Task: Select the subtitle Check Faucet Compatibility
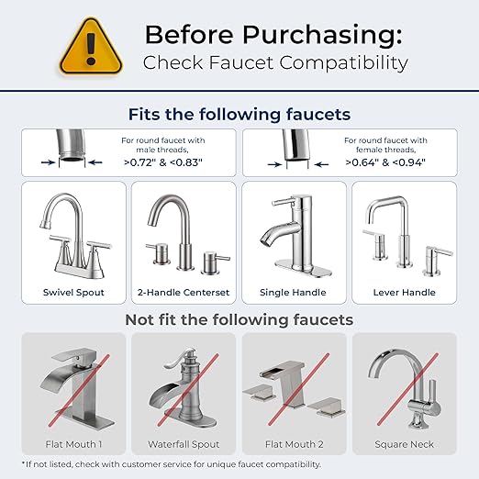(275, 63)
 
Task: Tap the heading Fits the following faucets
(239, 115)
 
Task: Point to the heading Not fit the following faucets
(239, 319)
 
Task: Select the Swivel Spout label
(73, 292)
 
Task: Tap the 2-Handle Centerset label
(184, 292)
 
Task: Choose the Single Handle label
(294, 292)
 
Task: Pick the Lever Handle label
(404, 292)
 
